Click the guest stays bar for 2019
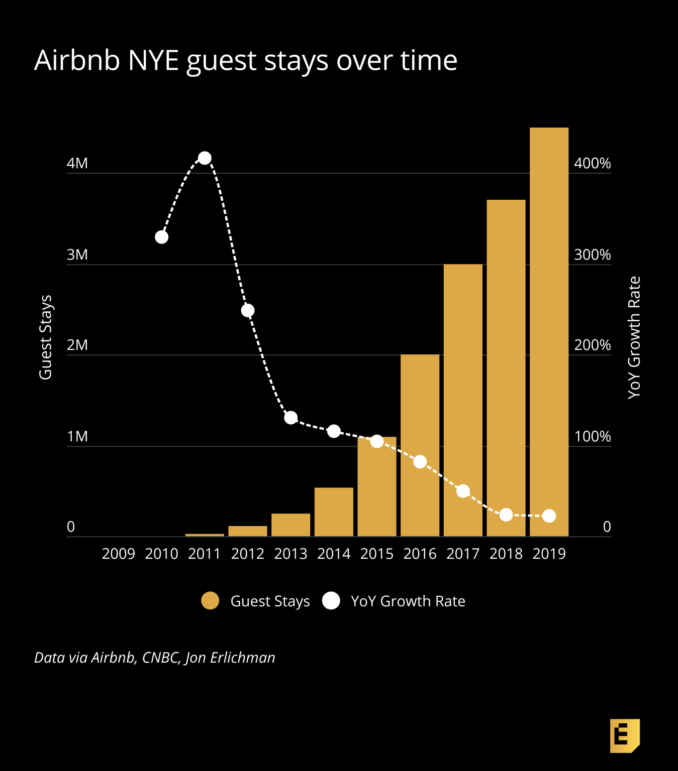[549, 331]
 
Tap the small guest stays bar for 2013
[290, 525]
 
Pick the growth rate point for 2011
[205, 158]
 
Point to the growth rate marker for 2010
[161, 237]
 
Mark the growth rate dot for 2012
[247, 310]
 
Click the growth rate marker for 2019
[549, 516]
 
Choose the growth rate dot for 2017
[463, 491]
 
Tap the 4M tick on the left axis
[77, 163]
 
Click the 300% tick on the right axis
[592, 254]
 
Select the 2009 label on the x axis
[119, 554]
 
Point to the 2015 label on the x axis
[377, 554]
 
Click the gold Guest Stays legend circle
[210, 601]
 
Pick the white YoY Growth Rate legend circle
[331, 601]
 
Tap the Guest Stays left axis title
[46, 337]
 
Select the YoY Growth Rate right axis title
[634, 337]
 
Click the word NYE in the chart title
[153, 60]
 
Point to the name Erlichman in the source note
[243, 658]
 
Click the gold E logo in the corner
[624, 735]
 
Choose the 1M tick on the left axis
[77, 436]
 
